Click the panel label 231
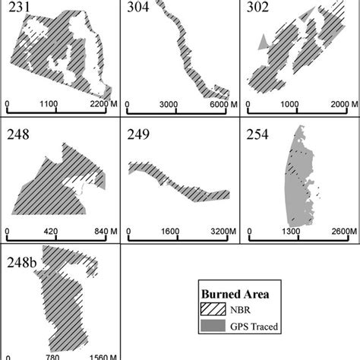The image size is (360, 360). point(17,8)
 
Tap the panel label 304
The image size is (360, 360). point(141,8)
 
